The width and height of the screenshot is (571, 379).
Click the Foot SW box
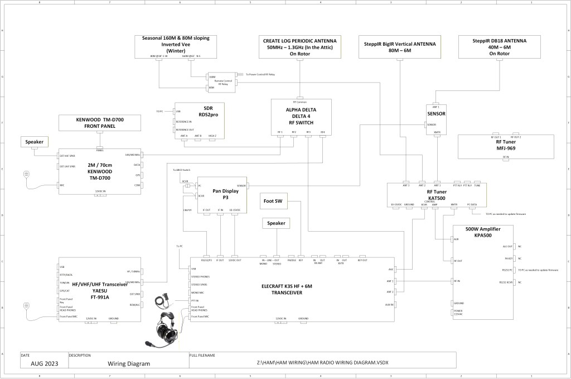pos(274,202)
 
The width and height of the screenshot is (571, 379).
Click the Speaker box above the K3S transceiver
pos(276,223)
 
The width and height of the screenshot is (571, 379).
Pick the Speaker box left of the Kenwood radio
pos(34,142)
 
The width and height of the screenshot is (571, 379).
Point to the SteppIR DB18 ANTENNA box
pos(499,47)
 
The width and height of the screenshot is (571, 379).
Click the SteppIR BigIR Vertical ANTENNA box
pos(400,47)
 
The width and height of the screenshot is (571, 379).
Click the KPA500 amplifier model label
pos(482,236)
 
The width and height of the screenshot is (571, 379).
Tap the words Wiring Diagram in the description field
pos(129,363)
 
